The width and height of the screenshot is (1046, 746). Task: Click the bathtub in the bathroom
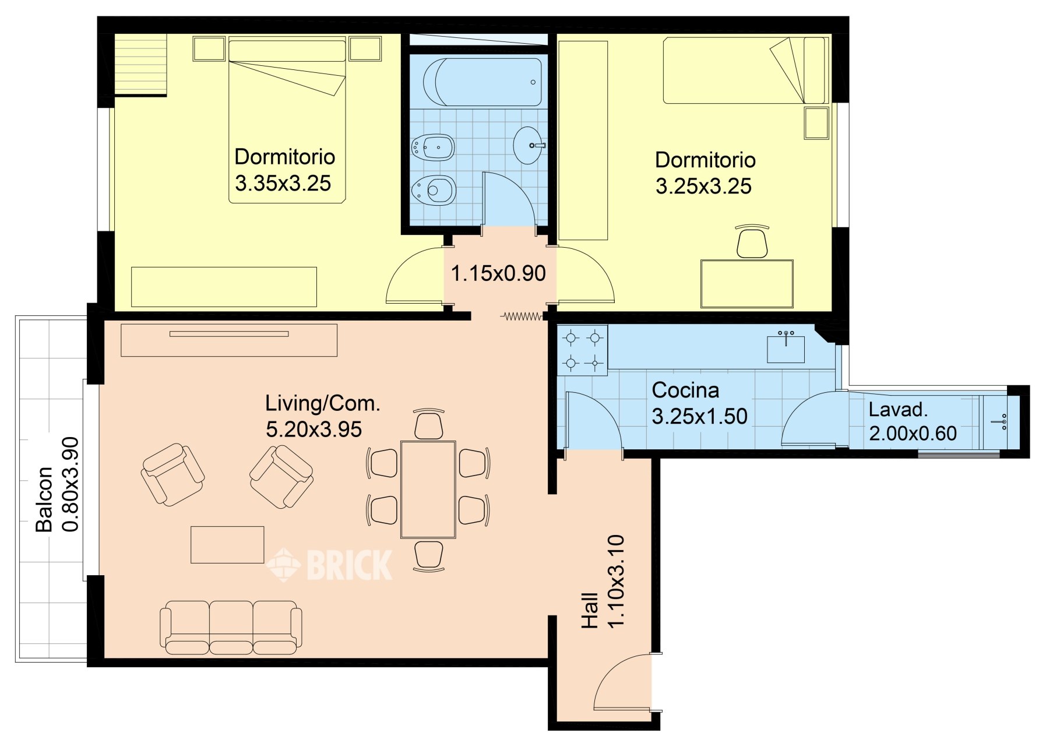click(x=482, y=82)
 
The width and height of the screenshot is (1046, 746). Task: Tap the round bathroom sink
click(x=529, y=145)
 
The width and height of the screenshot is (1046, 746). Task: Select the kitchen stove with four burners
click(x=582, y=350)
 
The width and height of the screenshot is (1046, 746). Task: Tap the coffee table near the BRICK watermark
click(x=227, y=545)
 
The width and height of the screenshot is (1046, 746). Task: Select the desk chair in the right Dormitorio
click(x=752, y=241)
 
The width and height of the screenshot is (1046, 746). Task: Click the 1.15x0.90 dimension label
click(x=498, y=273)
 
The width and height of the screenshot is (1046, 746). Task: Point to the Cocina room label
click(x=685, y=390)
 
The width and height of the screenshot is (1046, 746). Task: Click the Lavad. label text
click(x=898, y=410)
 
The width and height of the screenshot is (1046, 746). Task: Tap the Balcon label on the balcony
click(x=44, y=499)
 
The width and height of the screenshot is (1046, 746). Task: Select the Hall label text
click(x=590, y=611)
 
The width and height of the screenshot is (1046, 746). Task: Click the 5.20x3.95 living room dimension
click(x=314, y=429)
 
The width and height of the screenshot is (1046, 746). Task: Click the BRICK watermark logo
click(x=330, y=564)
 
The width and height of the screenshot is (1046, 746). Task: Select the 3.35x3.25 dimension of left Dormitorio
click(x=283, y=183)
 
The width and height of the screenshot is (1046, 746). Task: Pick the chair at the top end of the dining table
click(x=428, y=424)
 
